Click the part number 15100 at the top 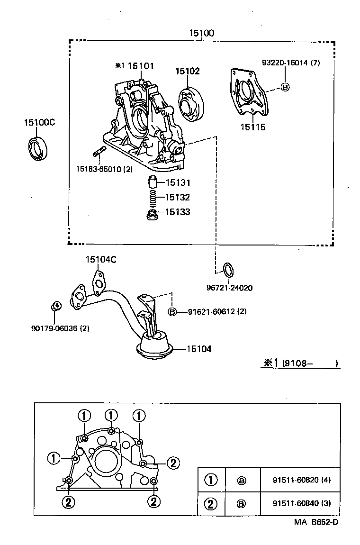(x=202, y=33)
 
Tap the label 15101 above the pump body (x=140, y=66)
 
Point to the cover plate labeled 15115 (x=249, y=95)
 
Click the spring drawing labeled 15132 (x=152, y=197)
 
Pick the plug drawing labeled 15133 (x=153, y=215)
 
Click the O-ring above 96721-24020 (x=228, y=269)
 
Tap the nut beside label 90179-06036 (x=55, y=306)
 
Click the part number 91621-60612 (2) (x=217, y=311)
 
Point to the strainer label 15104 (x=198, y=349)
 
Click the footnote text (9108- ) (x=310, y=363)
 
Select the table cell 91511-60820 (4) (x=301, y=480)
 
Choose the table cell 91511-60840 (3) (x=301, y=503)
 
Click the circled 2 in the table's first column (x=211, y=503)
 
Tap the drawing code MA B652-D (x=316, y=522)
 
